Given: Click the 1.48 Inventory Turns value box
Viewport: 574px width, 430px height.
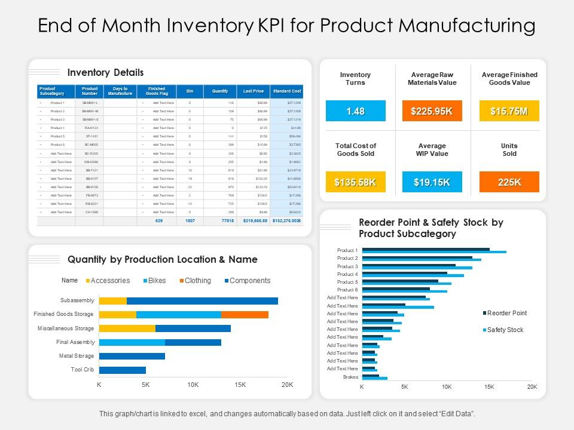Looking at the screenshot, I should tap(356, 111).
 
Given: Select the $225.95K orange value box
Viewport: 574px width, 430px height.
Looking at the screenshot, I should tap(432, 111).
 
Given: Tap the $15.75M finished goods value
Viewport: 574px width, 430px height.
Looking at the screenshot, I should tap(509, 111).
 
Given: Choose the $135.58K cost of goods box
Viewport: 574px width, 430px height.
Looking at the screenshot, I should tap(356, 182).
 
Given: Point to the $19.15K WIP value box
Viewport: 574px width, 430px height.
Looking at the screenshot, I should tap(432, 182).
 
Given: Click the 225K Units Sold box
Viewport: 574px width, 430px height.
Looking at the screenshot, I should tap(509, 182).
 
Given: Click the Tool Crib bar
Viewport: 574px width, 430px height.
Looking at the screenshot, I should tap(123, 370).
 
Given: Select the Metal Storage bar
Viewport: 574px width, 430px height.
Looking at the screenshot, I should tap(132, 356).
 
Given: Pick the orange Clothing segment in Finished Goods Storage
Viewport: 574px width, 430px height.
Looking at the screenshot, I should tap(245, 314).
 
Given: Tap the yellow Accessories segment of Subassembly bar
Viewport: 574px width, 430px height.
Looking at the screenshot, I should tap(112, 300).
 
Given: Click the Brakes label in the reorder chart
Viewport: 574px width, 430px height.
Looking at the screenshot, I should tap(350, 377).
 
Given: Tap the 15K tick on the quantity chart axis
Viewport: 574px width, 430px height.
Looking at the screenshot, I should tap(240, 385).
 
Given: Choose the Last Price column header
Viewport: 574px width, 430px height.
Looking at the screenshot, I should tap(254, 91).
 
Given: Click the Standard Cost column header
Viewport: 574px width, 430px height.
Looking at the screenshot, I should tap(287, 91).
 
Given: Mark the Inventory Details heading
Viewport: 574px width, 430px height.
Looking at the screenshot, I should tap(105, 73).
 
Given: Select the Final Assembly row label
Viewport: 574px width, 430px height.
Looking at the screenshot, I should tap(75, 342).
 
